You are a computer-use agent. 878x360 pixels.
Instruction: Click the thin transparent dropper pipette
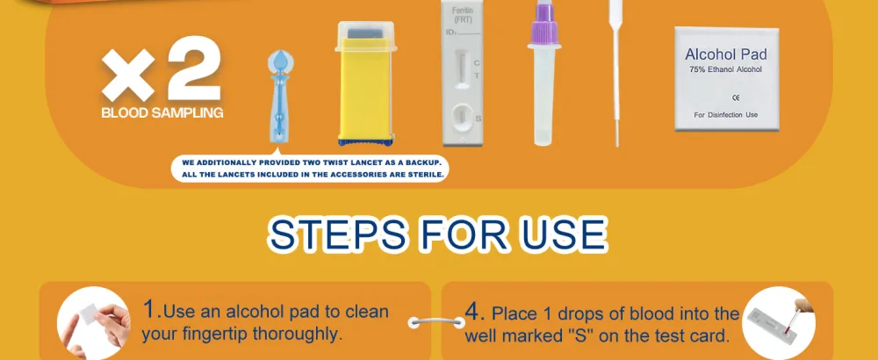[616, 73]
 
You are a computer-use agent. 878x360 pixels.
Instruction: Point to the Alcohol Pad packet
[726, 79]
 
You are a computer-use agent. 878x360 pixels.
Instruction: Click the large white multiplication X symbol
[128, 75]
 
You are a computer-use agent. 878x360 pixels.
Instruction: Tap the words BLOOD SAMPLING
[162, 113]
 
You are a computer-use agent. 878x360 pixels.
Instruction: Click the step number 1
[150, 308]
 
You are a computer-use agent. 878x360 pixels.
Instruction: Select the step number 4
[473, 312]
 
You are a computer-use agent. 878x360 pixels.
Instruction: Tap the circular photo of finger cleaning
[94, 323]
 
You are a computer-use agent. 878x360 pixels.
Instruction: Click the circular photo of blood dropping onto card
[779, 323]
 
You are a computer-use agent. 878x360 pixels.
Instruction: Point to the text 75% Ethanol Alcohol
[726, 69]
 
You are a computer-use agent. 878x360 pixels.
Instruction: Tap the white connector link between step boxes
[436, 323]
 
